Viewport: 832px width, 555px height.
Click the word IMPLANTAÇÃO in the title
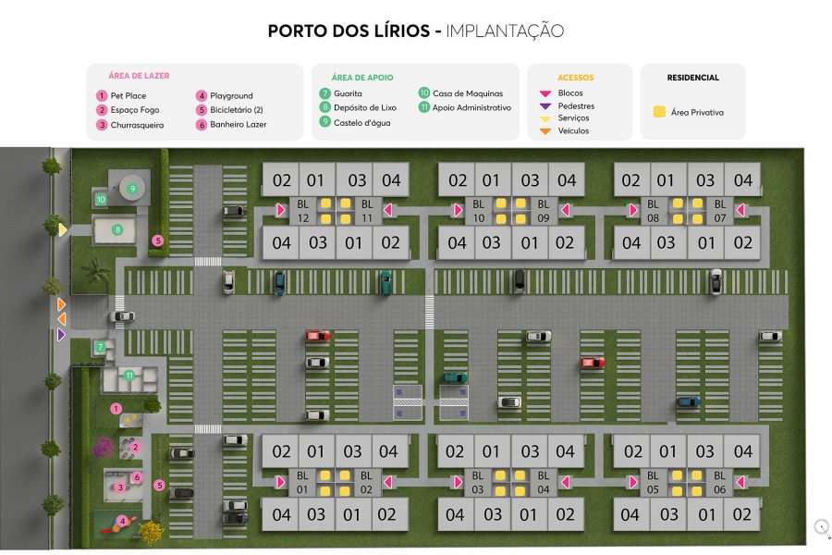pos(505,31)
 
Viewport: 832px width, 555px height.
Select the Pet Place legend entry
pos(128,95)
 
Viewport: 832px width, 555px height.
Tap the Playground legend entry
pos(230,95)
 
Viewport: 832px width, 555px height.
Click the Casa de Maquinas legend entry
pos(467,93)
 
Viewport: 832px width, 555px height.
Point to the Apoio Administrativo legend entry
pos(471,107)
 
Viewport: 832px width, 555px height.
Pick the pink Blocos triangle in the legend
pos(545,93)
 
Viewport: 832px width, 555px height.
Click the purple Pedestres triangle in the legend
pos(545,106)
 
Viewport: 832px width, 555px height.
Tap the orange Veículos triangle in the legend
pos(545,131)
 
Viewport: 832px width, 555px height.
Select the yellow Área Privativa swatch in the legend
pos(660,112)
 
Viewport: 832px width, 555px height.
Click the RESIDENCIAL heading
pos(692,78)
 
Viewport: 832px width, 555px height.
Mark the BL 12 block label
pos(302,210)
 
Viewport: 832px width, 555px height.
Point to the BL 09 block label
pos(543,210)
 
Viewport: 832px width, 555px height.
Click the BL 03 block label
pos(478,482)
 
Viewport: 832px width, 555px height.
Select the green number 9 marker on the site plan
pos(132,189)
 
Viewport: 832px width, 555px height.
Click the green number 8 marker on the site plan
pos(117,229)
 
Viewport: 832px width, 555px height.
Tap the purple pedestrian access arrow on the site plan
pos(62,334)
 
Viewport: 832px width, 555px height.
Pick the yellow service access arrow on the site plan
pos(62,228)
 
